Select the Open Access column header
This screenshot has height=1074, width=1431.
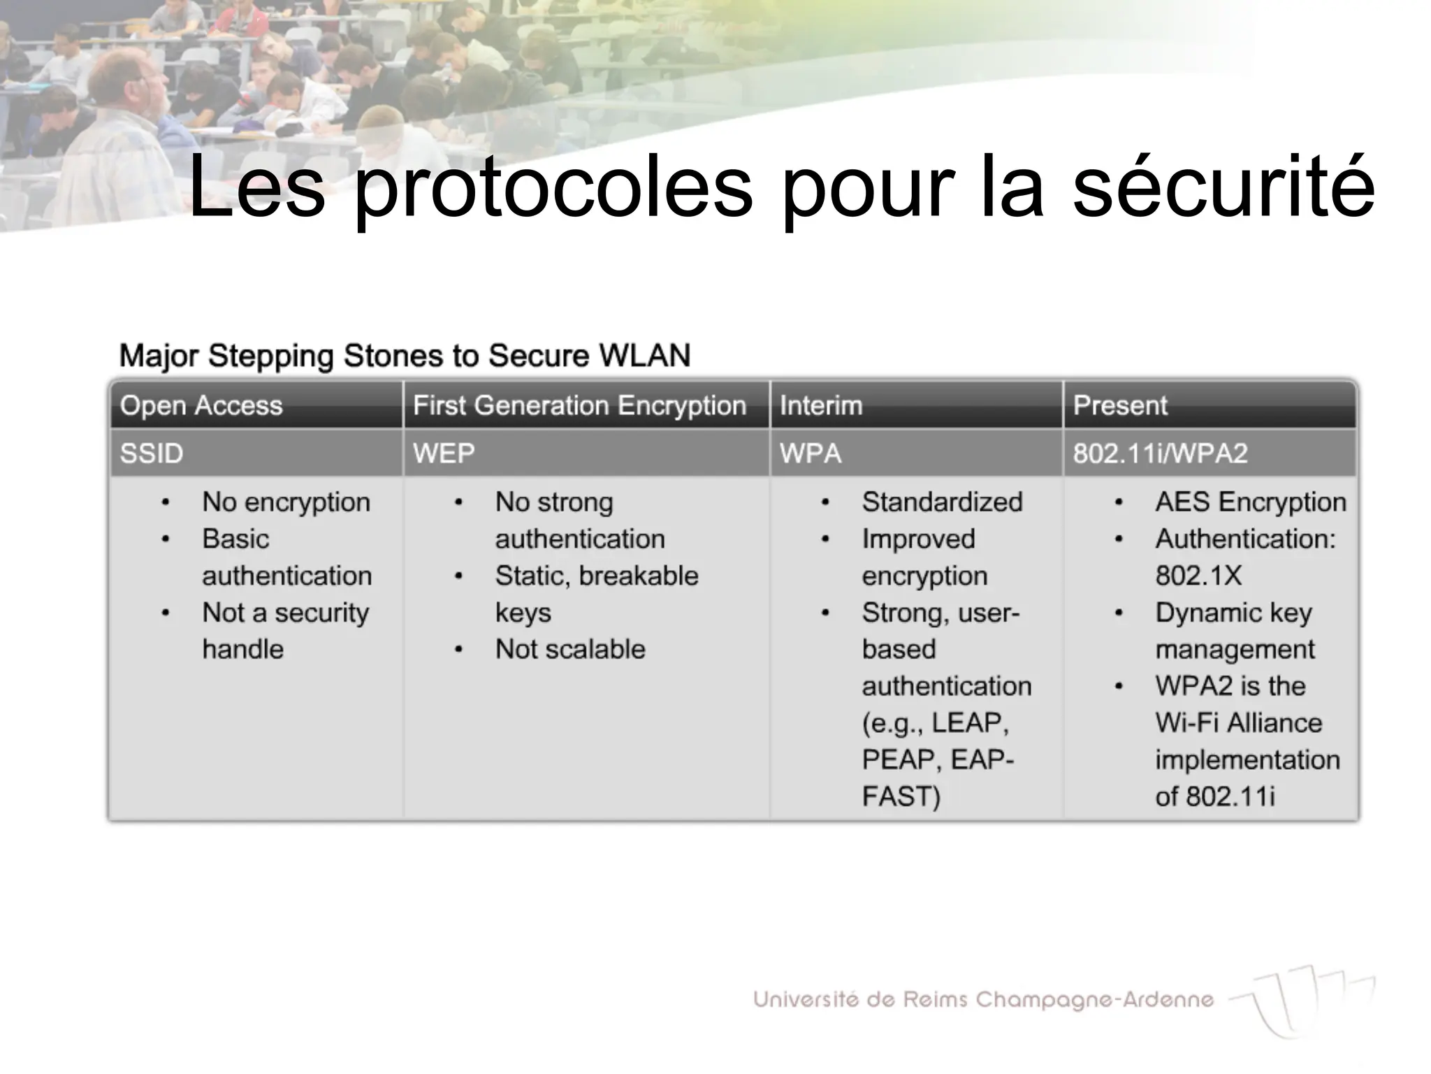(201, 406)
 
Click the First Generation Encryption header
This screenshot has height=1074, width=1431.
(579, 406)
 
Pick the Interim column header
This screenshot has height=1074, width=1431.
(821, 406)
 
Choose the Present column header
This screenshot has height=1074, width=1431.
(1120, 406)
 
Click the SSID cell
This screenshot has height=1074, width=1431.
(152, 453)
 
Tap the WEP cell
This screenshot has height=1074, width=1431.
(444, 453)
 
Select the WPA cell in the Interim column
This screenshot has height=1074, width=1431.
(811, 453)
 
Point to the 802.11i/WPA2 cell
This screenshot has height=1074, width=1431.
(1160, 453)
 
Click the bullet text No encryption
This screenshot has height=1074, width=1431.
(286, 502)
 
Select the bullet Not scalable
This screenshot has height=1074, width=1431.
(570, 650)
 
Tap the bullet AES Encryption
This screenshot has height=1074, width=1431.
(1250, 502)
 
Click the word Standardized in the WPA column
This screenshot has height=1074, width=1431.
(942, 502)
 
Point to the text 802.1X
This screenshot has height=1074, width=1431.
(1198, 575)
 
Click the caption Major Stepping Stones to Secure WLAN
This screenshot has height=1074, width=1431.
(405, 356)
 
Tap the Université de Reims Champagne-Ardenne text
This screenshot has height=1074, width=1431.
(983, 999)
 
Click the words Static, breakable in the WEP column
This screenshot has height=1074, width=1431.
(597, 575)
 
